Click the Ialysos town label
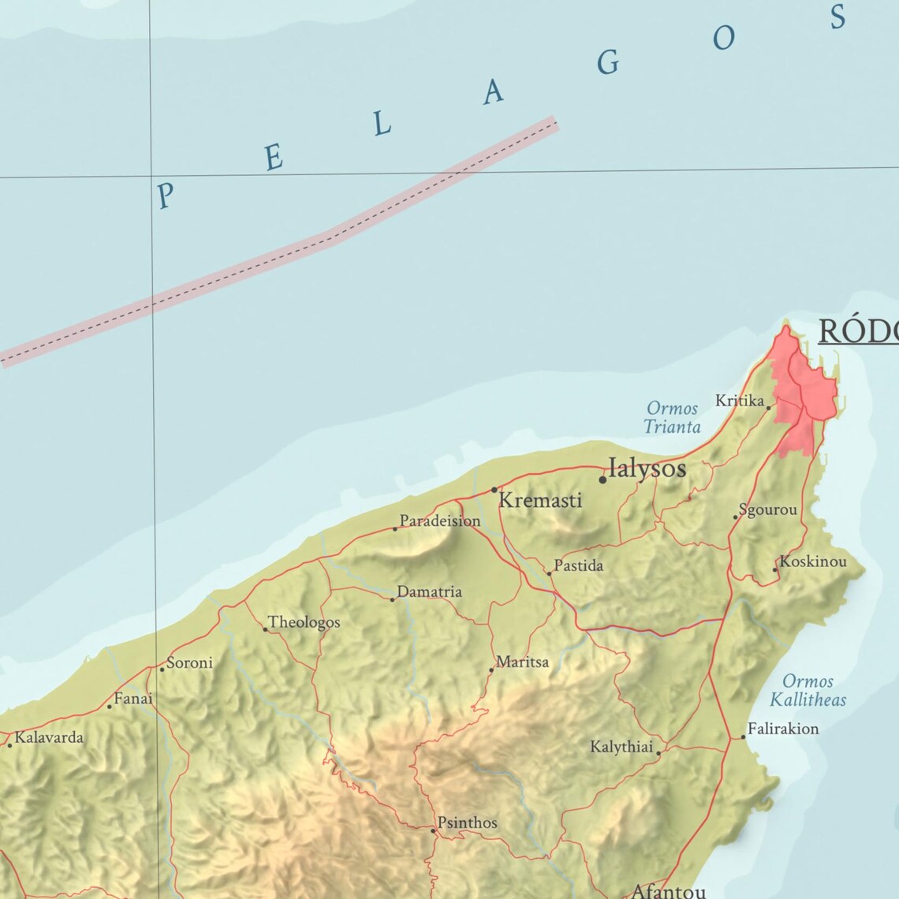(647, 468)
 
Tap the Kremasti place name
(540, 500)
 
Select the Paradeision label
(439, 520)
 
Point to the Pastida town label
(578, 565)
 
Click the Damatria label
(429, 591)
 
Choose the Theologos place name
(304, 622)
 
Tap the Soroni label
(189, 662)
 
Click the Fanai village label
(133, 699)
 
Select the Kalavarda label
(49, 738)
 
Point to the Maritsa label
(522, 662)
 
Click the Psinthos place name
(467, 823)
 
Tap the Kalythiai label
(621, 747)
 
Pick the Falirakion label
(783, 729)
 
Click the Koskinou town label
(812, 561)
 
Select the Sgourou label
(767, 509)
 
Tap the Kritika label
(740, 401)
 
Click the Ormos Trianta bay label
(672, 417)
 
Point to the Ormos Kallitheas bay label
(808, 690)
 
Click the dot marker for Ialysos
(602, 479)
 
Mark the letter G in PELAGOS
(607, 62)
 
